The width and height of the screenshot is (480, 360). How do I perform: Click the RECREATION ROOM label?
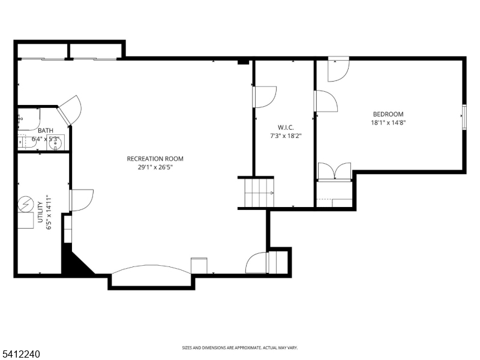coord(155,158)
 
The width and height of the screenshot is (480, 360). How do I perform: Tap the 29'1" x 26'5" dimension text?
coord(155,167)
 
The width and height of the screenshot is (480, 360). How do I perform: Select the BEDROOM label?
coord(388,114)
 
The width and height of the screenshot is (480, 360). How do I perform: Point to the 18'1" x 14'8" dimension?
coord(388,123)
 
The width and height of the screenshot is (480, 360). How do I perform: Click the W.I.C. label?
coord(286,127)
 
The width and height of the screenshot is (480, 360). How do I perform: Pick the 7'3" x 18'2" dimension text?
coord(286,136)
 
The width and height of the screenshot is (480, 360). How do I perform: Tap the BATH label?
coord(46,130)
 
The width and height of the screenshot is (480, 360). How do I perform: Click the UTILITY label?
coord(40,212)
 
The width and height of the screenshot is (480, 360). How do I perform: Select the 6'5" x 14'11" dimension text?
coord(49,212)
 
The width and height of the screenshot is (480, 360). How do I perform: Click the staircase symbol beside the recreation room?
coord(259,193)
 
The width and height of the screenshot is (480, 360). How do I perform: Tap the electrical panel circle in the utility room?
coord(26,204)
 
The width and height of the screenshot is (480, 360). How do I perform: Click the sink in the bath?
coord(55,143)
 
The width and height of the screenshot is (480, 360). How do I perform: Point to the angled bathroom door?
coord(69,110)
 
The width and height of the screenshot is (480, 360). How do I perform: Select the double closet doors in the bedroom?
coord(334,172)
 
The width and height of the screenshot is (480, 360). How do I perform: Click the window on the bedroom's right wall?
coord(464,116)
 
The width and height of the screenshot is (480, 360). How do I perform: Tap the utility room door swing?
coord(82,200)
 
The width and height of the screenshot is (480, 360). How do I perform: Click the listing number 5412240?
coord(20,354)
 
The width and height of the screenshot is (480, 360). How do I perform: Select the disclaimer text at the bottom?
coord(239,348)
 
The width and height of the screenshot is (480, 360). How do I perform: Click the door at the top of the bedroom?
coord(338,69)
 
